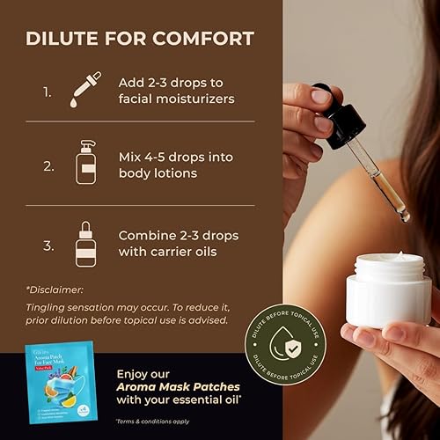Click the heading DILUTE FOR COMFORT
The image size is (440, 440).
(x=140, y=38)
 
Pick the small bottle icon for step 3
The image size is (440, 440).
(x=86, y=243)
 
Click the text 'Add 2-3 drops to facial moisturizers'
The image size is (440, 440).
(x=176, y=90)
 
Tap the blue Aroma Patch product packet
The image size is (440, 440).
(x=60, y=387)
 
